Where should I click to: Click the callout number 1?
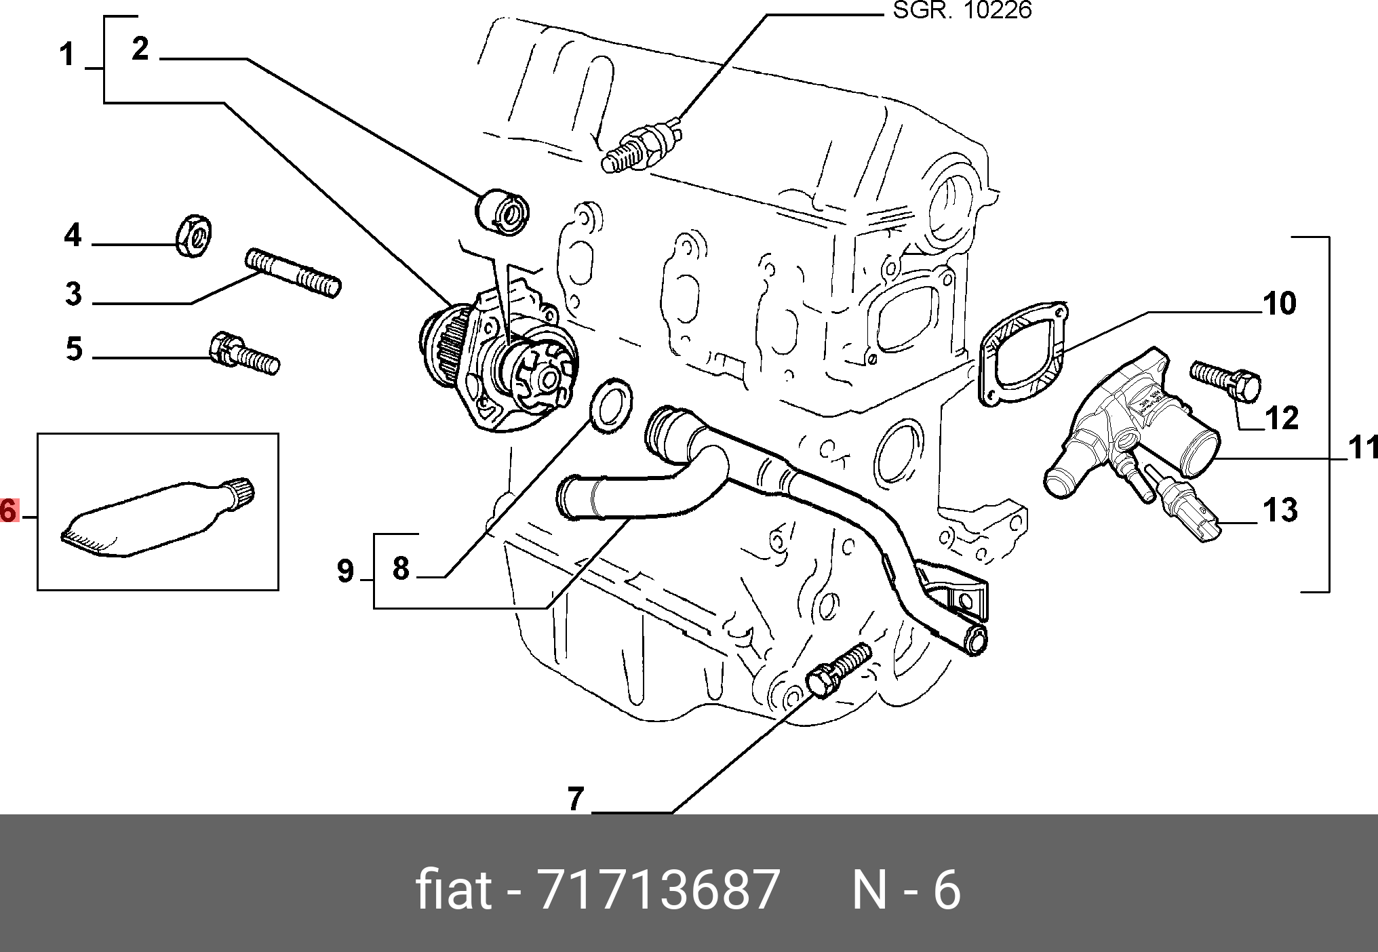[x=66, y=54]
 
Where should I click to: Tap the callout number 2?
[x=140, y=49]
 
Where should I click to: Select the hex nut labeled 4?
[x=194, y=235]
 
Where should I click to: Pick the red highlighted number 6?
[x=9, y=511]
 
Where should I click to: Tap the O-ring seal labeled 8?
[x=610, y=406]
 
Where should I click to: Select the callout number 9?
[x=346, y=571]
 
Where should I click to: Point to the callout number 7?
[x=576, y=798]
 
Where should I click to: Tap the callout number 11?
[x=1362, y=448]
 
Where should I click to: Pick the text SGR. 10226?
[x=962, y=10]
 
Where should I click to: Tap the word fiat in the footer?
[x=453, y=890]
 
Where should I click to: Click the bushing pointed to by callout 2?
[x=503, y=212]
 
